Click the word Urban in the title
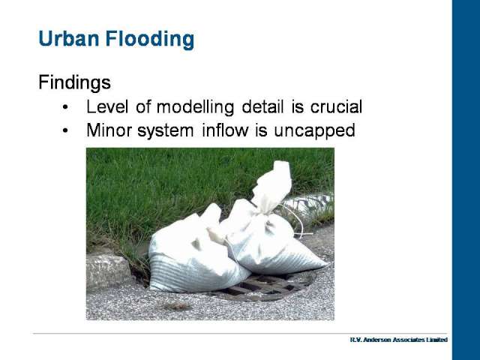tap(69, 39)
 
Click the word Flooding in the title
tap(150, 40)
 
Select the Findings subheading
tap(74, 82)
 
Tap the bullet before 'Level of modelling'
tap(65, 107)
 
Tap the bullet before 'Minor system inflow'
tap(65, 130)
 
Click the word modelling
tap(195, 107)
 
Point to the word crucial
tap(336, 106)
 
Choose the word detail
tap(262, 106)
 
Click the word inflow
tap(225, 130)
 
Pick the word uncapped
tap(314, 131)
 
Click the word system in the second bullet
tap(165, 131)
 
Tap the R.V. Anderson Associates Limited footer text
tap(399, 340)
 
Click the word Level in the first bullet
tap(107, 106)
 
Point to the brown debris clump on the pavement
tap(177, 306)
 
